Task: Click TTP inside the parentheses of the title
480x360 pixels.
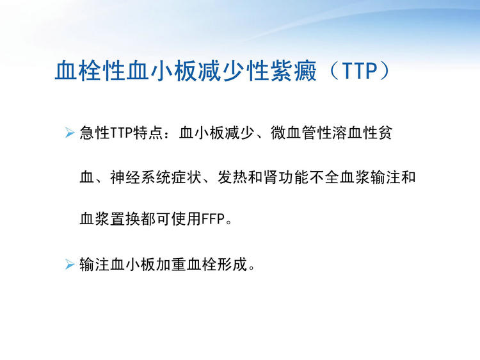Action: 359,71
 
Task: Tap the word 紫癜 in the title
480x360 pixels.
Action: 294,71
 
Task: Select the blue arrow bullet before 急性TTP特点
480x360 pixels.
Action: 70,133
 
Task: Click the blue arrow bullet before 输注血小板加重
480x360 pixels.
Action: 70,264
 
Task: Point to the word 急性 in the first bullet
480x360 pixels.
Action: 95,133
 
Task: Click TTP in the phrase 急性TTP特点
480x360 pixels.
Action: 121,133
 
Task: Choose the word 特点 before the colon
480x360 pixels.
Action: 148,133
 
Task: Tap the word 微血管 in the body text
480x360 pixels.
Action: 294,133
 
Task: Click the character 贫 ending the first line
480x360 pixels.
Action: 385,133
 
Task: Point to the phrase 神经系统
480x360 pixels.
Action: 141,177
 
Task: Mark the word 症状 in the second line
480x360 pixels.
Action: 186,177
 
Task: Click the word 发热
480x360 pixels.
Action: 233,177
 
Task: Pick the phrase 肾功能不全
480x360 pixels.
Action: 301,177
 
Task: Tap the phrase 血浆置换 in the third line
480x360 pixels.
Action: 110,219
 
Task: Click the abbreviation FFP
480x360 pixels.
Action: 213,219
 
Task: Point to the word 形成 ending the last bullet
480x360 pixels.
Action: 232,264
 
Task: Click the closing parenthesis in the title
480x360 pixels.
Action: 384,71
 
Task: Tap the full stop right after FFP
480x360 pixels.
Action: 228,222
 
